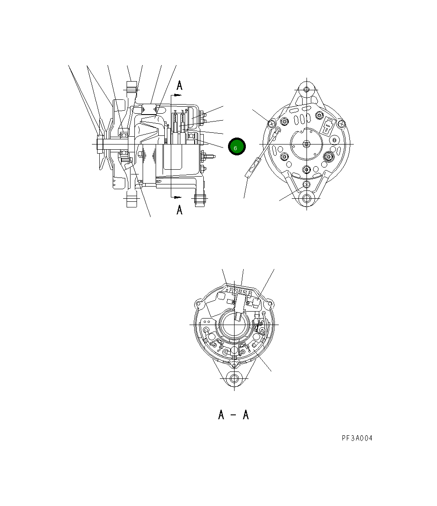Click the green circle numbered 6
click(237, 146)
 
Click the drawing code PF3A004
click(357, 438)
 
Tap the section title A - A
click(233, 414)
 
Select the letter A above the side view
click(179, 85)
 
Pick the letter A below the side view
click(179, 210)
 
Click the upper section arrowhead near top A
click(178, 95)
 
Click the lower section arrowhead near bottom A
click(178, 197)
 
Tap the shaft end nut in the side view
click(100, 144)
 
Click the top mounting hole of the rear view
click(307, 89)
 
